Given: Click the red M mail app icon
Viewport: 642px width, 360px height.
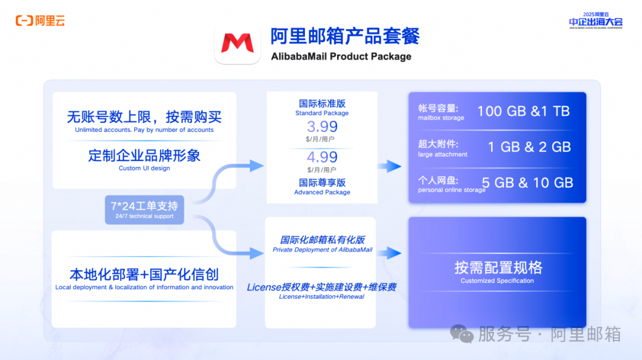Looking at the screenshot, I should coord(237,43).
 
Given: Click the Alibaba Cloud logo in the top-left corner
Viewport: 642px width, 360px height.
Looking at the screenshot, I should coord(40,21).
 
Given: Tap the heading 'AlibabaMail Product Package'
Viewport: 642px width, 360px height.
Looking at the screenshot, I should coord(341,56).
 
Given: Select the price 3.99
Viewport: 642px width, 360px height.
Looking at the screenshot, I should coord(322,127).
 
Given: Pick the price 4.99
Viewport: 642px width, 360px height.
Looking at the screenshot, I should coord(322,157).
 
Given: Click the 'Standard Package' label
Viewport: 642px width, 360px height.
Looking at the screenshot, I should coord(322,113).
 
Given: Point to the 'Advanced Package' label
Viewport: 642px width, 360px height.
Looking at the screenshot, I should coord(322,192).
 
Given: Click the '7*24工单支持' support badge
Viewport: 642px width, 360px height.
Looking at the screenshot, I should coord(144,209).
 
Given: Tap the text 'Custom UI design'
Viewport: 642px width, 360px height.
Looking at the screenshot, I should coord(144,168).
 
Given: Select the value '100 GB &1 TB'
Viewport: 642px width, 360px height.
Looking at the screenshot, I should coord(523,111).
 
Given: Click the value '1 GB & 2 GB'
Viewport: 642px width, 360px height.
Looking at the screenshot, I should coord(529,147).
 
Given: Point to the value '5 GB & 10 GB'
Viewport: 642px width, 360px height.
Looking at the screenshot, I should coord(527,183).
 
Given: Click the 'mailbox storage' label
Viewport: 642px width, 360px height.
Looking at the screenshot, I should coord(440,118).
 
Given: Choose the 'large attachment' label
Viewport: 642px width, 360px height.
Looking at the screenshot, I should coord(442,154).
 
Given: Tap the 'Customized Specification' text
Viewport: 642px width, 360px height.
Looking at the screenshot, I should coord(497,280).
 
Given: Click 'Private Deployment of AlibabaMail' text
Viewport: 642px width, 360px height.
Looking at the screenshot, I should coord(322,250).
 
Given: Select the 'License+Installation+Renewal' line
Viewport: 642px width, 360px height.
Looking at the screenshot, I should coord(322,296).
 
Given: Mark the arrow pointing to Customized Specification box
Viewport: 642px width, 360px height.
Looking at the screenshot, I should coord(389,253).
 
